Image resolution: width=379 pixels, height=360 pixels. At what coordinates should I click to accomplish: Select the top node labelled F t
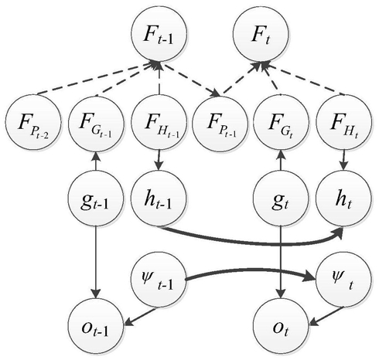tap(261, 33)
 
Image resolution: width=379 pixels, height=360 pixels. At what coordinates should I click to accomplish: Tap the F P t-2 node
tap(33, 123)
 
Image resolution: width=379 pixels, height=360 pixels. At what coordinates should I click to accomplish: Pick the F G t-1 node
tap(96, 123)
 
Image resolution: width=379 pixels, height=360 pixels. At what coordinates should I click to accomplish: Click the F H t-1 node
tap(159, 123)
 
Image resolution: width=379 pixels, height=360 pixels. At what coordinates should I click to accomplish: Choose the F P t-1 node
tap(220, 123)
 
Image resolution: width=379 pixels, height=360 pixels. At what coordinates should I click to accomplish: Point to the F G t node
tap(281, 123)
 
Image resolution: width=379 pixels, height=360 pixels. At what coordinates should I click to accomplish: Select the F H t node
tap(343, 123)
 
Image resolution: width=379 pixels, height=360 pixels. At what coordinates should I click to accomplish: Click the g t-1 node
tap(96, 199)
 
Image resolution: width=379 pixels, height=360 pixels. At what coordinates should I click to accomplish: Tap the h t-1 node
tap(159, 199)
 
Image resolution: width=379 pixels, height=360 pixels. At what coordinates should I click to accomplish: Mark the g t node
tap(281, 199)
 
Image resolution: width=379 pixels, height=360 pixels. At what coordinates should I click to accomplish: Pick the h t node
tap(343, 199)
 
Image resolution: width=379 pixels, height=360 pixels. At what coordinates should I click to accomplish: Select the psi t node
tap(343, 280)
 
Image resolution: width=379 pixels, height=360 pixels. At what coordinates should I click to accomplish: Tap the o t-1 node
tap(96, 327)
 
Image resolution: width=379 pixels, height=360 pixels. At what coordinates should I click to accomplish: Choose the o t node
tap(281, 327)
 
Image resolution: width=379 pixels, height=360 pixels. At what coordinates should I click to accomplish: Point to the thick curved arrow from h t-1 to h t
tap(253, 242)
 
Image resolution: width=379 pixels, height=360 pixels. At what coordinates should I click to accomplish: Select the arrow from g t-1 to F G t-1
tap(96, 161)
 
